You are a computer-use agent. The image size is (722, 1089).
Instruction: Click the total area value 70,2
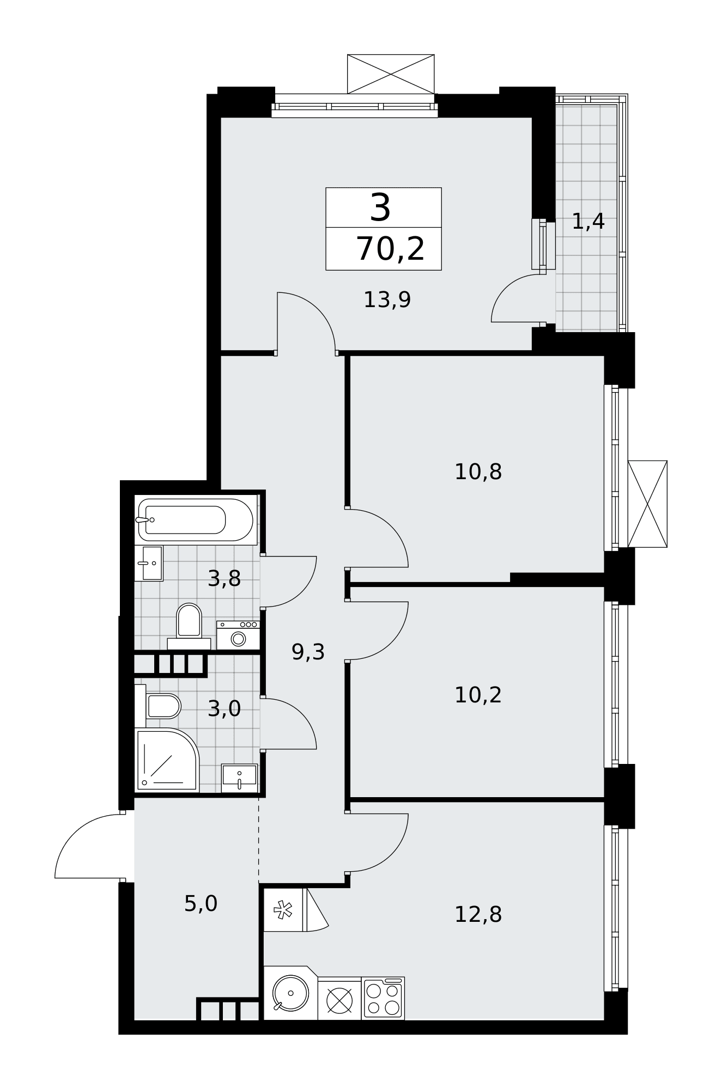point(390,249)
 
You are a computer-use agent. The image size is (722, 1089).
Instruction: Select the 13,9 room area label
point(387,300)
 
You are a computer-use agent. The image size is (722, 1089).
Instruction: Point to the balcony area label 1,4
point(588,222)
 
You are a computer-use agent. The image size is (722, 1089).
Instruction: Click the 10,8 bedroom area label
point(478,472)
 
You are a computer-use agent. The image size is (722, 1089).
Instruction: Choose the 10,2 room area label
point(478,695)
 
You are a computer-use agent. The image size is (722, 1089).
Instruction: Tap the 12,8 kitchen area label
point(478,914)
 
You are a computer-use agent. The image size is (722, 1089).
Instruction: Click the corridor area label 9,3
point(308,651)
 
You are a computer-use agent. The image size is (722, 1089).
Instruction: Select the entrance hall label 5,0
point(201,904)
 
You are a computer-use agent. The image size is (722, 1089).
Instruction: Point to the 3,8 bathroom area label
point(224,578)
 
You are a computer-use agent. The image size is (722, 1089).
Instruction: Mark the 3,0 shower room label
point(224,708)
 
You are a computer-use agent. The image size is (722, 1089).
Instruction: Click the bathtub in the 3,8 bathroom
point(196,520)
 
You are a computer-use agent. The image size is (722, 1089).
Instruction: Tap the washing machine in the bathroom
point(238,635)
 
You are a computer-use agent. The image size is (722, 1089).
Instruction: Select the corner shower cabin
point(167,760)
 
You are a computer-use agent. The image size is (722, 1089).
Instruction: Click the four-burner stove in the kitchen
point(383,998)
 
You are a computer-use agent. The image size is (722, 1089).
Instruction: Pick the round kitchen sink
point(290,993)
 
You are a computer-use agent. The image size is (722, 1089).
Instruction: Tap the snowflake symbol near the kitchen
point(283,909)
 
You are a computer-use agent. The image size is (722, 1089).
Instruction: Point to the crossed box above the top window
point(391,74)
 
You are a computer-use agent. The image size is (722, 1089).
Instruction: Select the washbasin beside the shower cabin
point(239,778)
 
